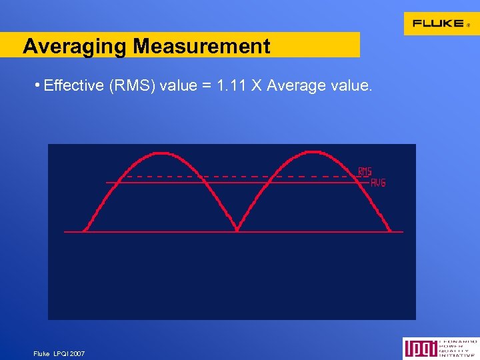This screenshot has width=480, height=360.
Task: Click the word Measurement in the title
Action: (201, 46)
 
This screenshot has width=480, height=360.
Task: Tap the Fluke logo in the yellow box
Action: (438, 23)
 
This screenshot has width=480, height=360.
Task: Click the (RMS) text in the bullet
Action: (129, 86)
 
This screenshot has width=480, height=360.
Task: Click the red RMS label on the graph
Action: (365, 172)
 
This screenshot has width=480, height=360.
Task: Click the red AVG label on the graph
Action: (378, 183)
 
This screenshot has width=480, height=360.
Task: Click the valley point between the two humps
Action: (237, 231)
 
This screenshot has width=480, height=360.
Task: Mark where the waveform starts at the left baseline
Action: (85, 231)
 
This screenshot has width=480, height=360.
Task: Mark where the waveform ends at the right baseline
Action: (390, 231)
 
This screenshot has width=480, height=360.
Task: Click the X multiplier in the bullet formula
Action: (256, 86)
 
